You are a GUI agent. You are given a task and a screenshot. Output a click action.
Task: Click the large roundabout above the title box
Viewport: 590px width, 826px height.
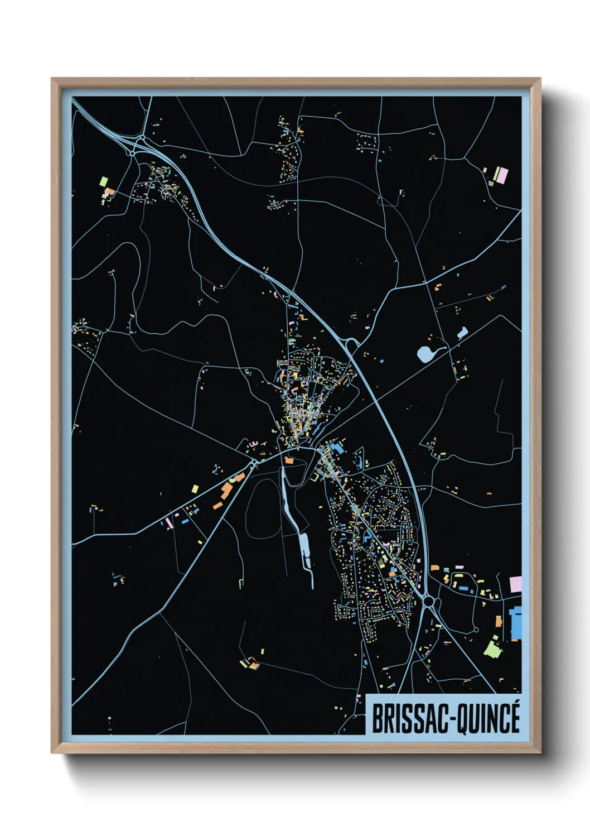[x=429, y=601]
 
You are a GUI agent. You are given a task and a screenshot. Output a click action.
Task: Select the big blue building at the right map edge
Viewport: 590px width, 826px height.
[x=516, y=623]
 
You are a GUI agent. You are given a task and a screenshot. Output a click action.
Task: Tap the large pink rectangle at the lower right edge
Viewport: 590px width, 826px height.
[x=516, y=585]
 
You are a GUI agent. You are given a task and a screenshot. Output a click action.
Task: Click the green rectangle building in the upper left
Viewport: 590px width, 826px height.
[x=103, y=181]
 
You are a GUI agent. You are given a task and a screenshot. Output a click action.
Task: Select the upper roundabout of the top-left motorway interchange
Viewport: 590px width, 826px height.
[x=143, y=137]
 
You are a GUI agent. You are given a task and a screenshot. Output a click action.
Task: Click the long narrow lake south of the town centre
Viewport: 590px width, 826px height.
[x=304, y=550]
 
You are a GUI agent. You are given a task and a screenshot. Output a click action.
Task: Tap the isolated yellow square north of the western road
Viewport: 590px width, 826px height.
[x=195, y=489]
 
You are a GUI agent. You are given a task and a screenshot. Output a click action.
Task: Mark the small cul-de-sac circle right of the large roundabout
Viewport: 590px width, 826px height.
[x=476, y=630]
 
